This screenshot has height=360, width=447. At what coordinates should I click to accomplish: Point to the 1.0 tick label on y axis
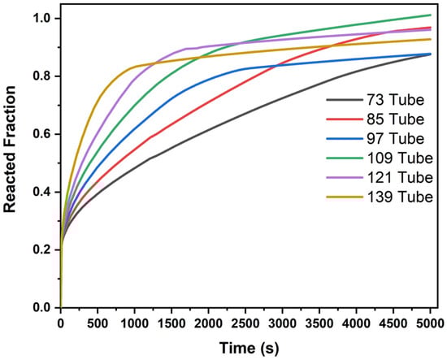(x=42, y=18)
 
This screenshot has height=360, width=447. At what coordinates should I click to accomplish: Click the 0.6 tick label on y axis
(x=42, y=134)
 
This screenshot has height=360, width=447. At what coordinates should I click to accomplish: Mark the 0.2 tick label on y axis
(x=42, y=249)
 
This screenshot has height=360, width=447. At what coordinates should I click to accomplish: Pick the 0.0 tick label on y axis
(x=42, y=308)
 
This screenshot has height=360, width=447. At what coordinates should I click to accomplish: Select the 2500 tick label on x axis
(x=245, y=323)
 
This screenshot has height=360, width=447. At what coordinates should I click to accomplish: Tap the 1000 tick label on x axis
(x=134, y=323)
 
